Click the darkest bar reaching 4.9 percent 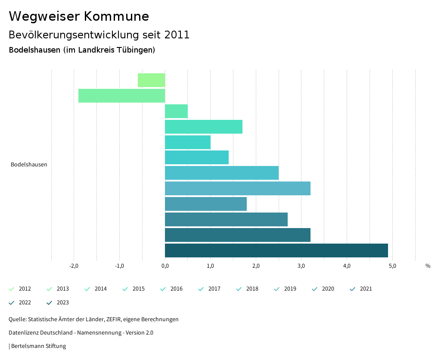(x=276, y=250)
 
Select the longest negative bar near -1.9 (x=121, y=96)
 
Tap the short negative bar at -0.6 (x=151, y=80)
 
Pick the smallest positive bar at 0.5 (x=176, y=111)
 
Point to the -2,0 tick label (x=74, y=266)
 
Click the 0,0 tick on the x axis (x=165, y=266)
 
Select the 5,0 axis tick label (x=392, y=266)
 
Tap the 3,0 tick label (x=301, y=266)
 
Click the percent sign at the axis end (x=428, y=266)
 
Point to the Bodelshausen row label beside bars (x=29, y=164)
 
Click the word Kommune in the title (x=116, y=16)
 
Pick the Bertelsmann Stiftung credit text (x=38, y=346)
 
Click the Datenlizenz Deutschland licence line (x=81, y=333)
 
